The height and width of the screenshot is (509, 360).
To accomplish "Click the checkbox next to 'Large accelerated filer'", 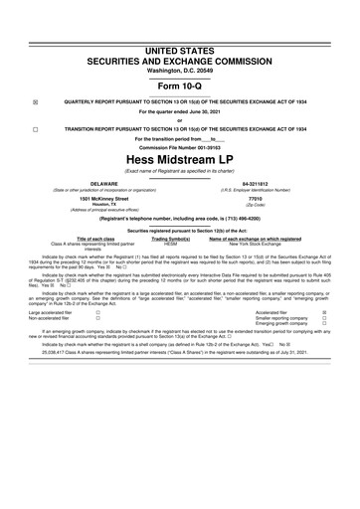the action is pos(96,339).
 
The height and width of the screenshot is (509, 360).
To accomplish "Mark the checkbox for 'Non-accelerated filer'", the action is pos(96,346).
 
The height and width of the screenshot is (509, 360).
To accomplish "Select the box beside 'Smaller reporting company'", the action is pos(325,346).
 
